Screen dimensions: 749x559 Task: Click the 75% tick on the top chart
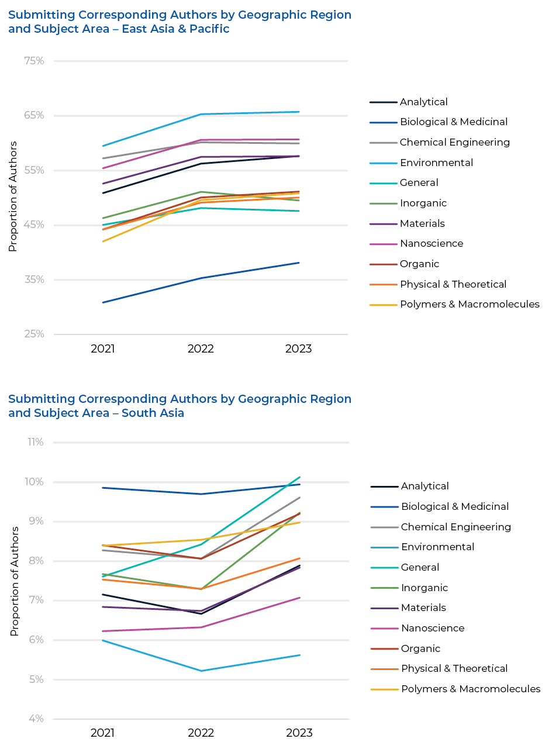(x=34, y=61)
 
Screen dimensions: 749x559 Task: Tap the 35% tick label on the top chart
(x=34, y=279)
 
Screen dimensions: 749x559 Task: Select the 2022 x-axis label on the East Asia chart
(x=201, y=348)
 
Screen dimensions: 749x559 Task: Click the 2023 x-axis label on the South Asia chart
(x=299, y=733)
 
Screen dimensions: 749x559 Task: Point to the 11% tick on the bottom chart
(x=36, y=442)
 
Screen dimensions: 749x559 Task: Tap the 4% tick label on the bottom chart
(x=36, y=719)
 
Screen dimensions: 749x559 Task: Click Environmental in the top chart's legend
(x=436, y=163)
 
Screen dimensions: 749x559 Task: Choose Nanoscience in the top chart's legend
(x=432, y=243)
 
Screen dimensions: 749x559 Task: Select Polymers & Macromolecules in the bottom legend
(x=470, y=689)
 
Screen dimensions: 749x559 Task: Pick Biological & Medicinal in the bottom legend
(x=454, y=506)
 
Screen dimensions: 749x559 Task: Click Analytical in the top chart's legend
(x=423, y=102)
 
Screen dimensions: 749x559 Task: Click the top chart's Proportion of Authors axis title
(x=13, y=196)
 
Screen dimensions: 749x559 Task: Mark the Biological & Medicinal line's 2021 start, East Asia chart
(x=103, y=302)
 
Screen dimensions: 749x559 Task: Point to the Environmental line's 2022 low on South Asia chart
(x=201, y=671)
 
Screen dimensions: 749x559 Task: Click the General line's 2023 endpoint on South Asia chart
(x=299, y=477)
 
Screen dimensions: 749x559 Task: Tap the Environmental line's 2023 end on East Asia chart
(x=299, y=112)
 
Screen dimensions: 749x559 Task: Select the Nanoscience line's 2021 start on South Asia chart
(x=103, y=631)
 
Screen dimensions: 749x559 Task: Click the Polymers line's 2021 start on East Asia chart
(x=103, y=241)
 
